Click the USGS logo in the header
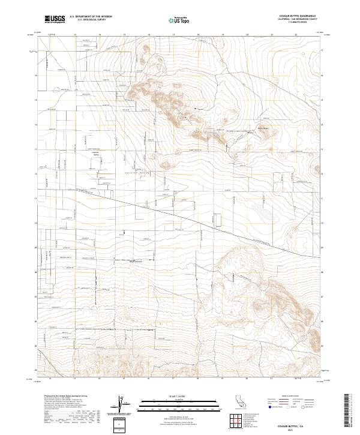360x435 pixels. point(55,19)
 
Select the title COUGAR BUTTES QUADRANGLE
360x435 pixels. point(298,15)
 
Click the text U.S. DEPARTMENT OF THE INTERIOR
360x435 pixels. point(91,17)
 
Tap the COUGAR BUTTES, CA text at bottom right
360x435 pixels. point(298,424)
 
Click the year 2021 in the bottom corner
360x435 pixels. point(298,428)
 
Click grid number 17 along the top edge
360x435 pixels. point(173,35)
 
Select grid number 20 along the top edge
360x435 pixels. point(247,35)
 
